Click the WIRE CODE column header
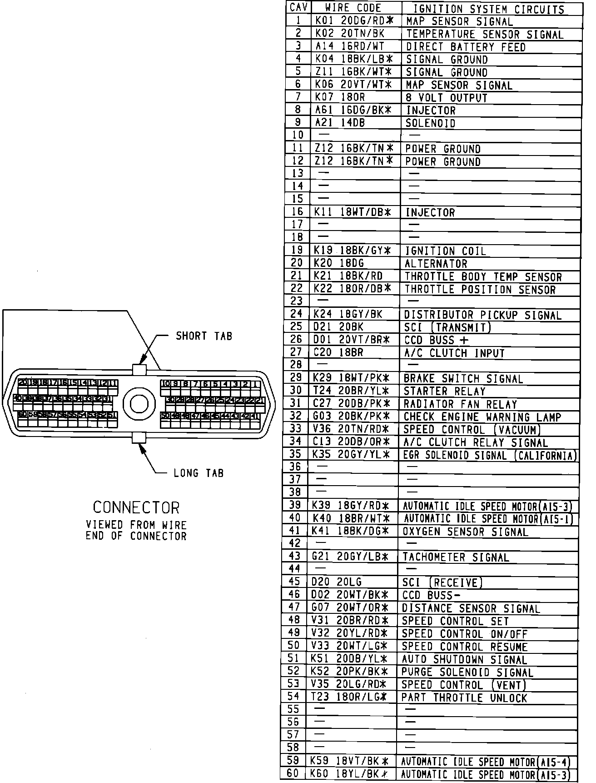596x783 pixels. coord(353,8)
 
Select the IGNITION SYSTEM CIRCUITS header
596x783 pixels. coord(488,9)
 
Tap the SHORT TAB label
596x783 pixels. coord(204,336)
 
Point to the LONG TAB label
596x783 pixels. coord(199,473)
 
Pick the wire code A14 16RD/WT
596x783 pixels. coord(349,46)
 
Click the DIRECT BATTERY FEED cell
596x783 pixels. coord(465,47)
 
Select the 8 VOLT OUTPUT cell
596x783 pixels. coord(446,98)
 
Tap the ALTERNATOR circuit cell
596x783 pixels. coord(436,264)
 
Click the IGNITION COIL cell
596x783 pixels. coord(445,251)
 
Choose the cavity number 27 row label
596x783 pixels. coord(296,352)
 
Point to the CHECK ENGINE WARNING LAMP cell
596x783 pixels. coord(482,417)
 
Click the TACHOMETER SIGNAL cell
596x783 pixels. coord(455,557)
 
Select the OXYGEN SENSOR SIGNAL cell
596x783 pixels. coord(465,532)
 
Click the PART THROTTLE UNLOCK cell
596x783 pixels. coord(464,698)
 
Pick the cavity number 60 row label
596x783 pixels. coord(293,774)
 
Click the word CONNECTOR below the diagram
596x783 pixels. coord(136,507)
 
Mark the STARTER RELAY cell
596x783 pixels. coord(445,391)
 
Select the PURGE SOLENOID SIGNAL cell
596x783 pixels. coord(467,672)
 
